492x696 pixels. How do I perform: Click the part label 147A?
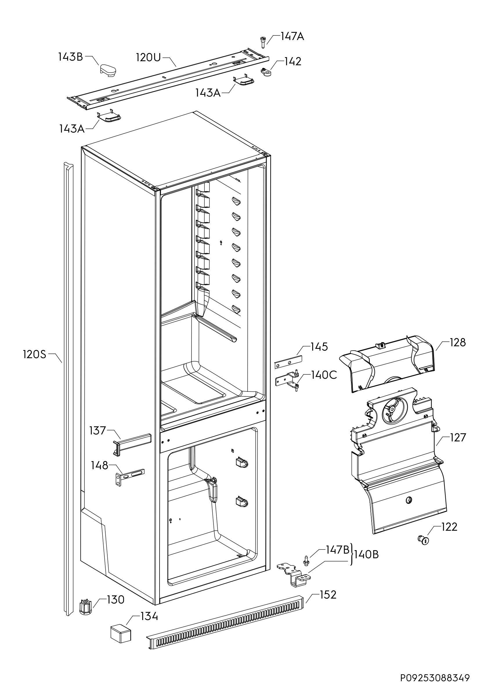click(292, 37)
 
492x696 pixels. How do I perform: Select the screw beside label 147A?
click(263, 41)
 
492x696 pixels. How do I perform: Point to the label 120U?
click(148, 57)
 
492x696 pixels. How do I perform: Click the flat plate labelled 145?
click(289, 362)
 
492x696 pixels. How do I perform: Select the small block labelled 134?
click(120, 633)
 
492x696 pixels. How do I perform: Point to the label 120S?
click(35, 354)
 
